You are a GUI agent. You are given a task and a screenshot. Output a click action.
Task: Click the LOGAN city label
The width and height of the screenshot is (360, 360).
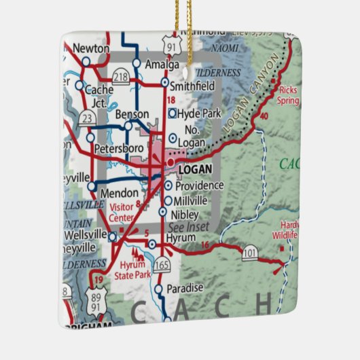click(x=196, y=169)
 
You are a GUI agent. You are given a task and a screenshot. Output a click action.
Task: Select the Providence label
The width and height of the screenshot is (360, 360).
click(x=199, y=185)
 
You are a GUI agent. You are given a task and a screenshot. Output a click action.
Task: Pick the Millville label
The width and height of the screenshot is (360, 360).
click(x=190, y=200)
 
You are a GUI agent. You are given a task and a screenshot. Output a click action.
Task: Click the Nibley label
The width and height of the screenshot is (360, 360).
click(x=185, y=214)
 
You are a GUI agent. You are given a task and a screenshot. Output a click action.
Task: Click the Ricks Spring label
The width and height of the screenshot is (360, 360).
click(x=287, y=95)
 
